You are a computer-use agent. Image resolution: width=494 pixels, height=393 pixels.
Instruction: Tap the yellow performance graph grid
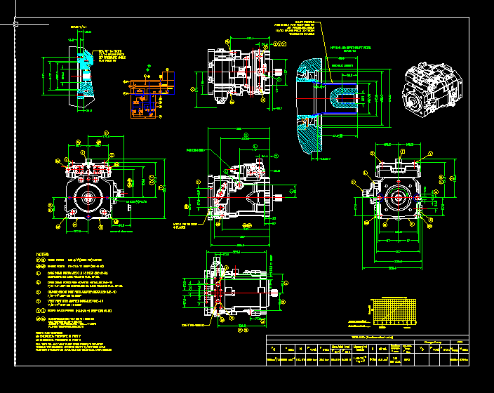394,312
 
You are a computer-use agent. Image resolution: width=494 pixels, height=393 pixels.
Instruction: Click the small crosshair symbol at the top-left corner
15,23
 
